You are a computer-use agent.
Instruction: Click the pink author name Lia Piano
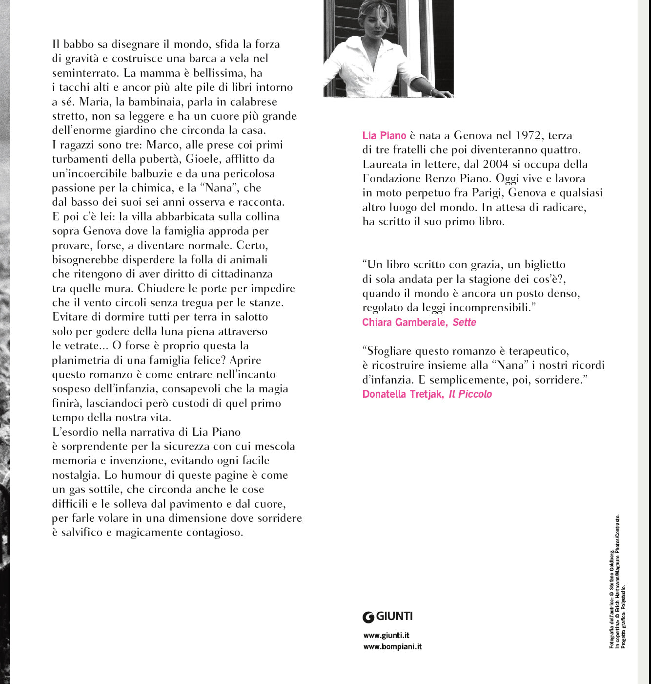click(x=384, y=136)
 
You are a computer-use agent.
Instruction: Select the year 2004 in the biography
click(x=495, y=164)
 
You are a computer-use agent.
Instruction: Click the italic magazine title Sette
click(x=464, y=322)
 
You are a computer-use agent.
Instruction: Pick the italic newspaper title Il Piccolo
click(x=470, y=394)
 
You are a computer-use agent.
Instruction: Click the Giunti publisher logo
click(x=387, y=617)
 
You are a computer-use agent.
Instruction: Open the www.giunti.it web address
click(x=386, y=636)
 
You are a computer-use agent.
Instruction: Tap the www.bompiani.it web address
click(x=392, y=647)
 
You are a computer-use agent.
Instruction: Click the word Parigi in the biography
click(x=487, y=193)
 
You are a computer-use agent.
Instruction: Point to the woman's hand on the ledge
click(x=442, y=93)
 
